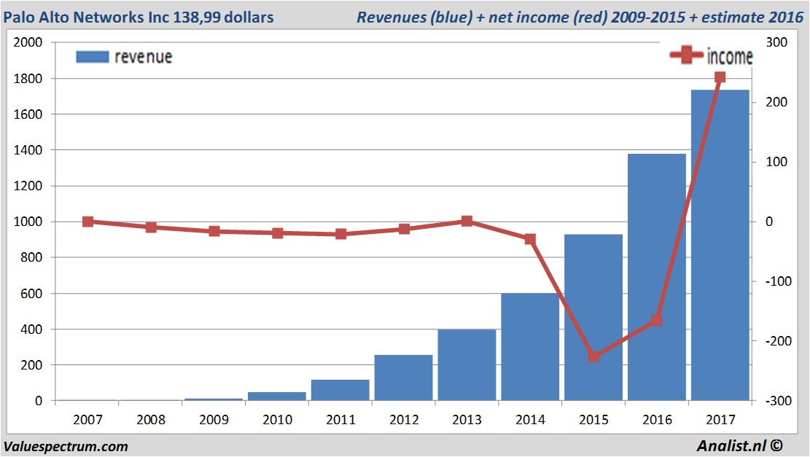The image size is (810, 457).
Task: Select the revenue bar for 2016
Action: pyautogui.click(x=657, y=277)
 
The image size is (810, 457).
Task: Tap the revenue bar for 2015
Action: pyautogui.click(x=593, y=317)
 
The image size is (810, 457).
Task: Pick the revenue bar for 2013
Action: pyautogui.click(x=467, y=364)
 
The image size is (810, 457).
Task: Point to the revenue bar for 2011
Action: pyautogui.click(x=340, y=390)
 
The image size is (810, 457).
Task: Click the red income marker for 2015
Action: pyautogui.click(x=593, y=356)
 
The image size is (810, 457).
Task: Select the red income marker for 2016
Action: pyautogui.click(x=657, y=320)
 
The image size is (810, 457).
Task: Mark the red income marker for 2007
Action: pyautogui.click(x=87, y=222)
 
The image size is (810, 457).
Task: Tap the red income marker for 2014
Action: pyautogui.click(x=530, y=239)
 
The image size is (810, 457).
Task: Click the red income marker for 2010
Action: pyautogui.click(x=278, y=233)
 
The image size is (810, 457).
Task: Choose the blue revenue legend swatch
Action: pyautogui.click(x=92, y=57)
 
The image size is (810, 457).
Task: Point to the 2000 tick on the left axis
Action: pyautogui.click(x=28, y=42)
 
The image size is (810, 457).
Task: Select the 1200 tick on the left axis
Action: pyautogui.click(x=28, y=186)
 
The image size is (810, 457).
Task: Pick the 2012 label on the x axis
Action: pyautogui.click(x=404, y=420)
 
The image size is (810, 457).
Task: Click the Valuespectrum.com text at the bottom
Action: pyautogui.click(x=66, y=446)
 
